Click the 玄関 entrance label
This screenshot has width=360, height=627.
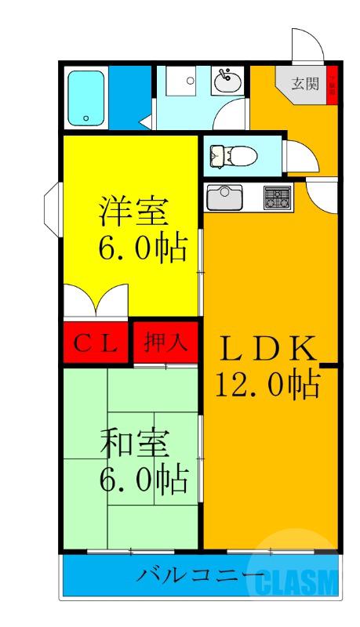coord(304,84)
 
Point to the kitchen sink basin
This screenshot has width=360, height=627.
coord(224,197)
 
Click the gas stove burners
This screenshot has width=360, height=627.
coord(275,197)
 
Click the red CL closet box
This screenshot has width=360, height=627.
coord(96,343)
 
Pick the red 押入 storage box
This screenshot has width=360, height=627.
coord(165,343)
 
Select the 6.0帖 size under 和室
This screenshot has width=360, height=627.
coord(141,477)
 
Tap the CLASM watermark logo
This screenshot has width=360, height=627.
coord(293,581)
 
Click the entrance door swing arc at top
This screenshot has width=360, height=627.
coord(303,45)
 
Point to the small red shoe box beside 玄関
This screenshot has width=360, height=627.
coord(331,82)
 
